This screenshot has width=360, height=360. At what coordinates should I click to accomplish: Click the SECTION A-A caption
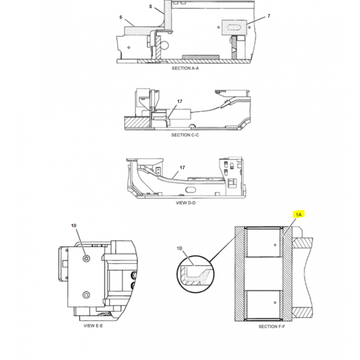(x=185, y=68)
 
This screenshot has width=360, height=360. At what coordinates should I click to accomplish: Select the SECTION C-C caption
(x=185, y=135)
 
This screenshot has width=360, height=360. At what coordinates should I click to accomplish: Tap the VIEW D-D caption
(x=186, y=203)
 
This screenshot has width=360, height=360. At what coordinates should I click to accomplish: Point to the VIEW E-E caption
(x=93, y=325)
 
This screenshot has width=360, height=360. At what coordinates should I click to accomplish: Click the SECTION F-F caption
(x=272, y=326)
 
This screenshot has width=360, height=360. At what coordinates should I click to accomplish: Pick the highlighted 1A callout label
(x=298, y=215)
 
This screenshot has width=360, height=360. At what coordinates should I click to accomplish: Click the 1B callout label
(x=179, y=248)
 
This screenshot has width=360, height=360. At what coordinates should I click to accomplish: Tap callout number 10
(x=73, y=226)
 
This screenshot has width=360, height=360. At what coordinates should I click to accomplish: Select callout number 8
(x=150, y=6)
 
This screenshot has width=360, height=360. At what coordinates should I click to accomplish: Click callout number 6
(x=121, y=17)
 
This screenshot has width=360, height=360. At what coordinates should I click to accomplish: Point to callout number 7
(x=269, y=16)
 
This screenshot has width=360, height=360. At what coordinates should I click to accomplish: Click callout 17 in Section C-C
(x=180, y=101)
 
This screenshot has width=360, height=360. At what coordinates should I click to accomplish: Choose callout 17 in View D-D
(x=182, y=167)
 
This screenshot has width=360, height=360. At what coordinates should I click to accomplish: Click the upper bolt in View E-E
(x=86, y=258)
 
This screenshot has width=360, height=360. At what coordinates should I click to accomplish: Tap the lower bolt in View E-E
(x=86, y=295)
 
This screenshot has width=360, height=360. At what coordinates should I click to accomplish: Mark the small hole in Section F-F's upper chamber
(x=275, y=245)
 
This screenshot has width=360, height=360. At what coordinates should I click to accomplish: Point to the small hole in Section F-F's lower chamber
(x=275, y=302)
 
